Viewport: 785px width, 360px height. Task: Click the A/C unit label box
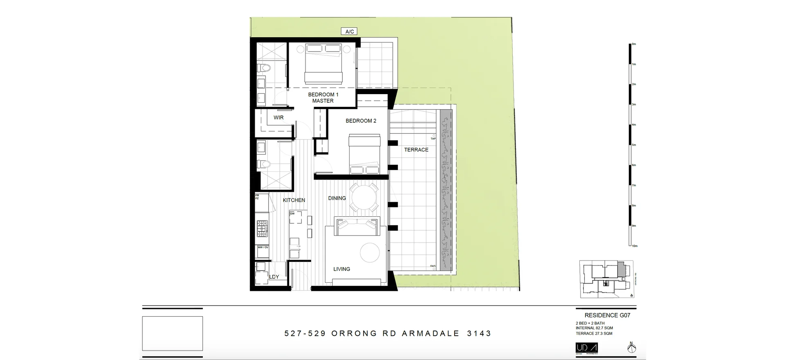point(349,32)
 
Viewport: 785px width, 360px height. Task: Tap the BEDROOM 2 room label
point(361,121)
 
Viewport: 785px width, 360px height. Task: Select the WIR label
point(278,117)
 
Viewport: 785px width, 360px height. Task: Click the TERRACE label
point(416,150)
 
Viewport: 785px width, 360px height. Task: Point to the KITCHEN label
point(294,200)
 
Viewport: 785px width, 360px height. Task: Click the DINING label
point(337,198)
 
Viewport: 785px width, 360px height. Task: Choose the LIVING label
point(341,269)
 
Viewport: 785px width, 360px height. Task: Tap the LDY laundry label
point(274,277)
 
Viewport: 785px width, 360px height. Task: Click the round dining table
point(365,198)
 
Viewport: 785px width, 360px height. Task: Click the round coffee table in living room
point(370,253)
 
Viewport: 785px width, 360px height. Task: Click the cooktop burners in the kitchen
point(262,229)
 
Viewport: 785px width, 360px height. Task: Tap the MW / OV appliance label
point(263,248)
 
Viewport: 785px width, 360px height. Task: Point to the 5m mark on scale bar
point(633,145)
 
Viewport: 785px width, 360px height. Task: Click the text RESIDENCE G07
point(607,315)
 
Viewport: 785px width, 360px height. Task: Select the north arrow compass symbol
point(632,348)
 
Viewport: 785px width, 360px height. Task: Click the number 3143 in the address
point(479,333)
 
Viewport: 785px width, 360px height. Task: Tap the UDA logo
point(586,348)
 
